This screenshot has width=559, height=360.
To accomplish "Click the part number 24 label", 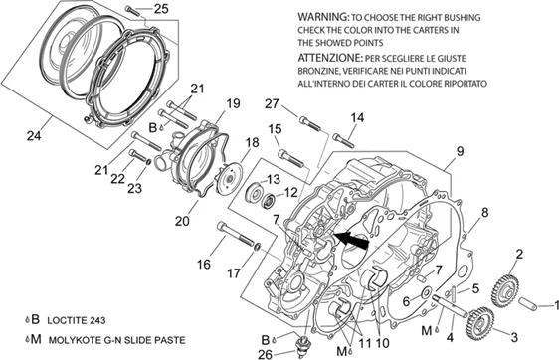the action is click(34, 135).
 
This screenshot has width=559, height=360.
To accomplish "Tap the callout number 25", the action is click(161, 9).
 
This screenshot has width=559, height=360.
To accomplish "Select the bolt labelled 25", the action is click(133, 10).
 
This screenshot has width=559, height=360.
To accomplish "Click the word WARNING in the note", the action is click(323, 17).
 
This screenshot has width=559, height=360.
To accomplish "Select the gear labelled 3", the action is click(479, 322).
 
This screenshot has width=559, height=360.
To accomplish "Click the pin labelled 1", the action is click(527, 303).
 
